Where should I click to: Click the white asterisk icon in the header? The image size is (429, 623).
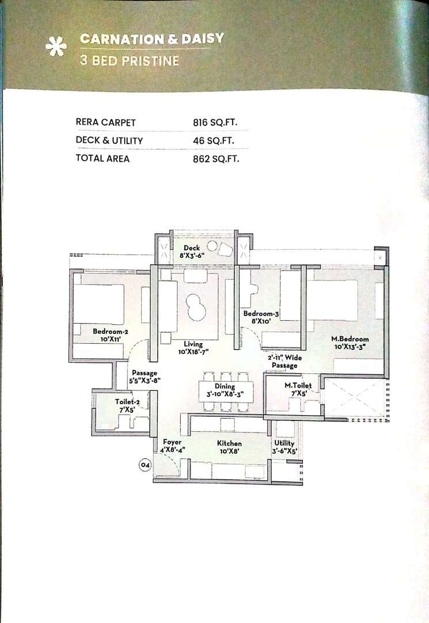55,48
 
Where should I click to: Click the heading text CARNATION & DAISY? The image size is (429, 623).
152,39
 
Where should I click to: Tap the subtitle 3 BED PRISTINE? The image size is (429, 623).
130,60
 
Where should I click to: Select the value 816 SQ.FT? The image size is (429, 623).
215,122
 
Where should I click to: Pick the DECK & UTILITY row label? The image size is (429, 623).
109,140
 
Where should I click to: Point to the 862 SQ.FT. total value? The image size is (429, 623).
215,158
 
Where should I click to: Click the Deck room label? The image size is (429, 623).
192,248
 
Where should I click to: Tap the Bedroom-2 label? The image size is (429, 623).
110,331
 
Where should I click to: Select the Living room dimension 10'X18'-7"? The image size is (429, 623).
193,352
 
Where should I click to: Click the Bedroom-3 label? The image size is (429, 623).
261,313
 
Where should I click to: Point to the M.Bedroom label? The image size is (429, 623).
350,339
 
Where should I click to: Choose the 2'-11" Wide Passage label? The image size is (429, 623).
284,361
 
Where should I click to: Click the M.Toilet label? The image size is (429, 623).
298,385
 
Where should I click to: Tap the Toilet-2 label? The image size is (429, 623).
127,402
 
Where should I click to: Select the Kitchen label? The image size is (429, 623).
229,443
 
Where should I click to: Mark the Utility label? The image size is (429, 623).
284,443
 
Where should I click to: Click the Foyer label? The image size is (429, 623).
172,442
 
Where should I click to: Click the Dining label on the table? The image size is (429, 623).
225,386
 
